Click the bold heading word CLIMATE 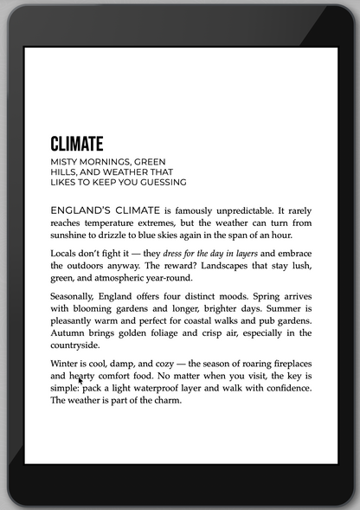[x=77, y=144]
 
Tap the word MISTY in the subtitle [x=66, y=162]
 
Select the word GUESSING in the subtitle [x=162, y=183]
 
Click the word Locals [x=66, y=254]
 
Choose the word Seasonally [x=73, y=296]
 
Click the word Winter [x=65, y=364]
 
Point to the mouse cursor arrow [x=80, y=379]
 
